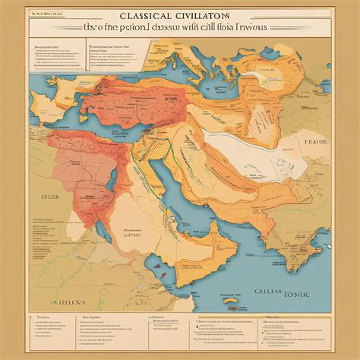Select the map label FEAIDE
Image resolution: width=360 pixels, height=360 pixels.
click(314, 163)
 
